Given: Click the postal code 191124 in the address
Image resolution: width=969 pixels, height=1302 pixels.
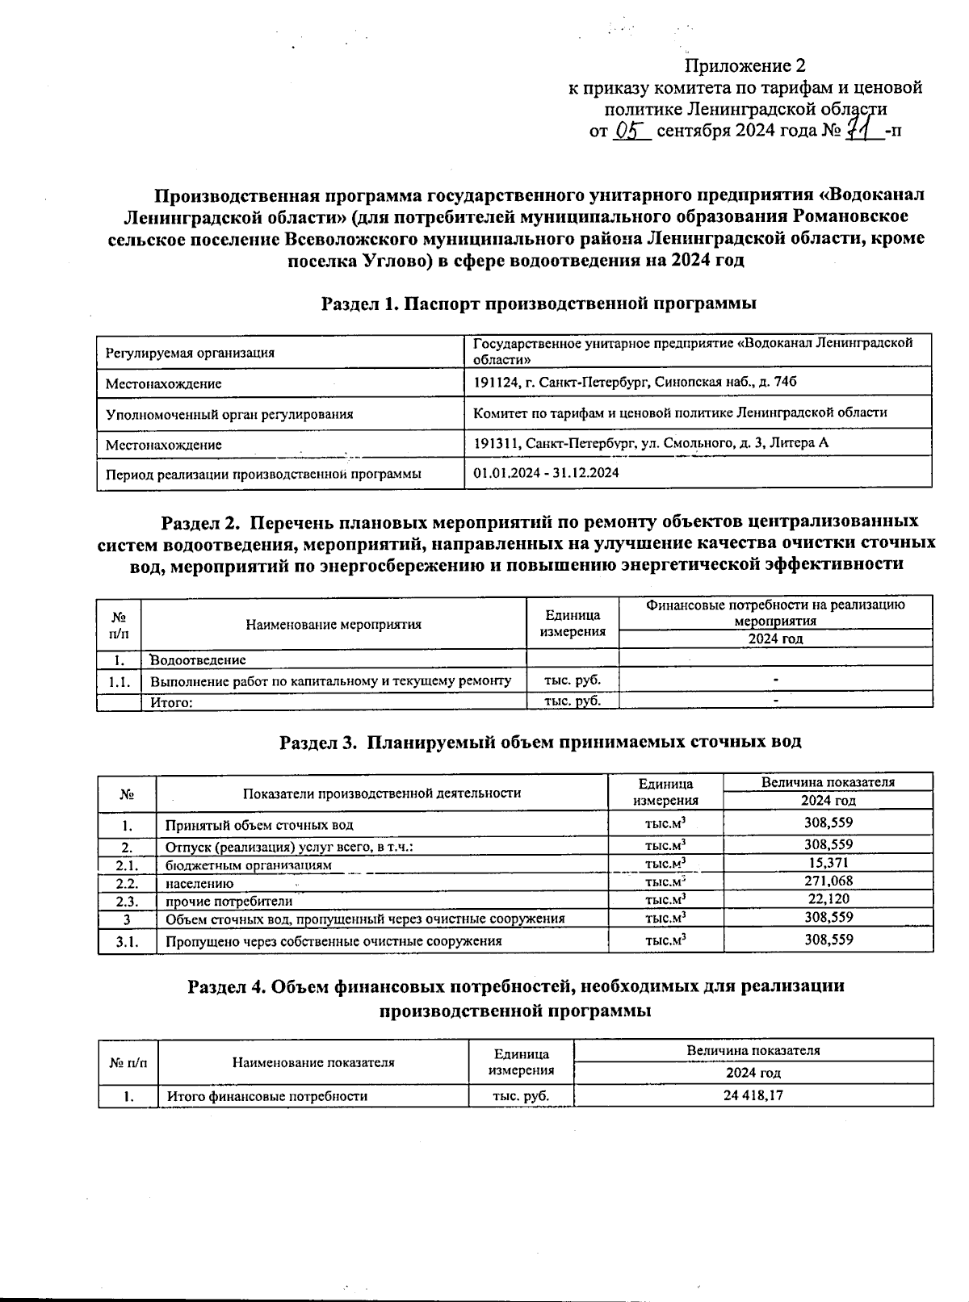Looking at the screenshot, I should (493, 382).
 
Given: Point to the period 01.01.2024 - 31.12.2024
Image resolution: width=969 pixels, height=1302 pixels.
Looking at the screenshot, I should (547, 473).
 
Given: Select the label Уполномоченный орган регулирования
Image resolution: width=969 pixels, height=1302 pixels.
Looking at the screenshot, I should (229, 414).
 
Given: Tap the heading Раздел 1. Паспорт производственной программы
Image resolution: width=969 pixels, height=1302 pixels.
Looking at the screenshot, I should (539, 304).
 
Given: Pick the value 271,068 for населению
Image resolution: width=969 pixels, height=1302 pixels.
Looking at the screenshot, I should (828, 881).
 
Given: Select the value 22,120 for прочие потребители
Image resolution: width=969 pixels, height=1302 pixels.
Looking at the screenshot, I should (828, 899).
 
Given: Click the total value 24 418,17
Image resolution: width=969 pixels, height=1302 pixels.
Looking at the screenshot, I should (753, 1095).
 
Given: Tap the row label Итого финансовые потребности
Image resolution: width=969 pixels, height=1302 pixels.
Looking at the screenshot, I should (266, 1096).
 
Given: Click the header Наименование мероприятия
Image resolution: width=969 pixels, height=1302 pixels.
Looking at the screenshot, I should (333, 624).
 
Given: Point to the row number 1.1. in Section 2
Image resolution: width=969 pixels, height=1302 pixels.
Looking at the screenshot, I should (120, 681).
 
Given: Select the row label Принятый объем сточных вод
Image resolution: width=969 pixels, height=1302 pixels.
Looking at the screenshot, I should (259, 825).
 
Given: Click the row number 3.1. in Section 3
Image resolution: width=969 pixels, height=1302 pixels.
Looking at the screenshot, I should (127, 941).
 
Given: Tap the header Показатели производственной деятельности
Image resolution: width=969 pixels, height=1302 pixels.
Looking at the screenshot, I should (381, 793).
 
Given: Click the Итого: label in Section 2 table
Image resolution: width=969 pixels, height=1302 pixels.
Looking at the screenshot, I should (171, 702).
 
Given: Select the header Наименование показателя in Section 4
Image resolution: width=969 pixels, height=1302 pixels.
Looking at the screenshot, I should (313, 1062).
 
